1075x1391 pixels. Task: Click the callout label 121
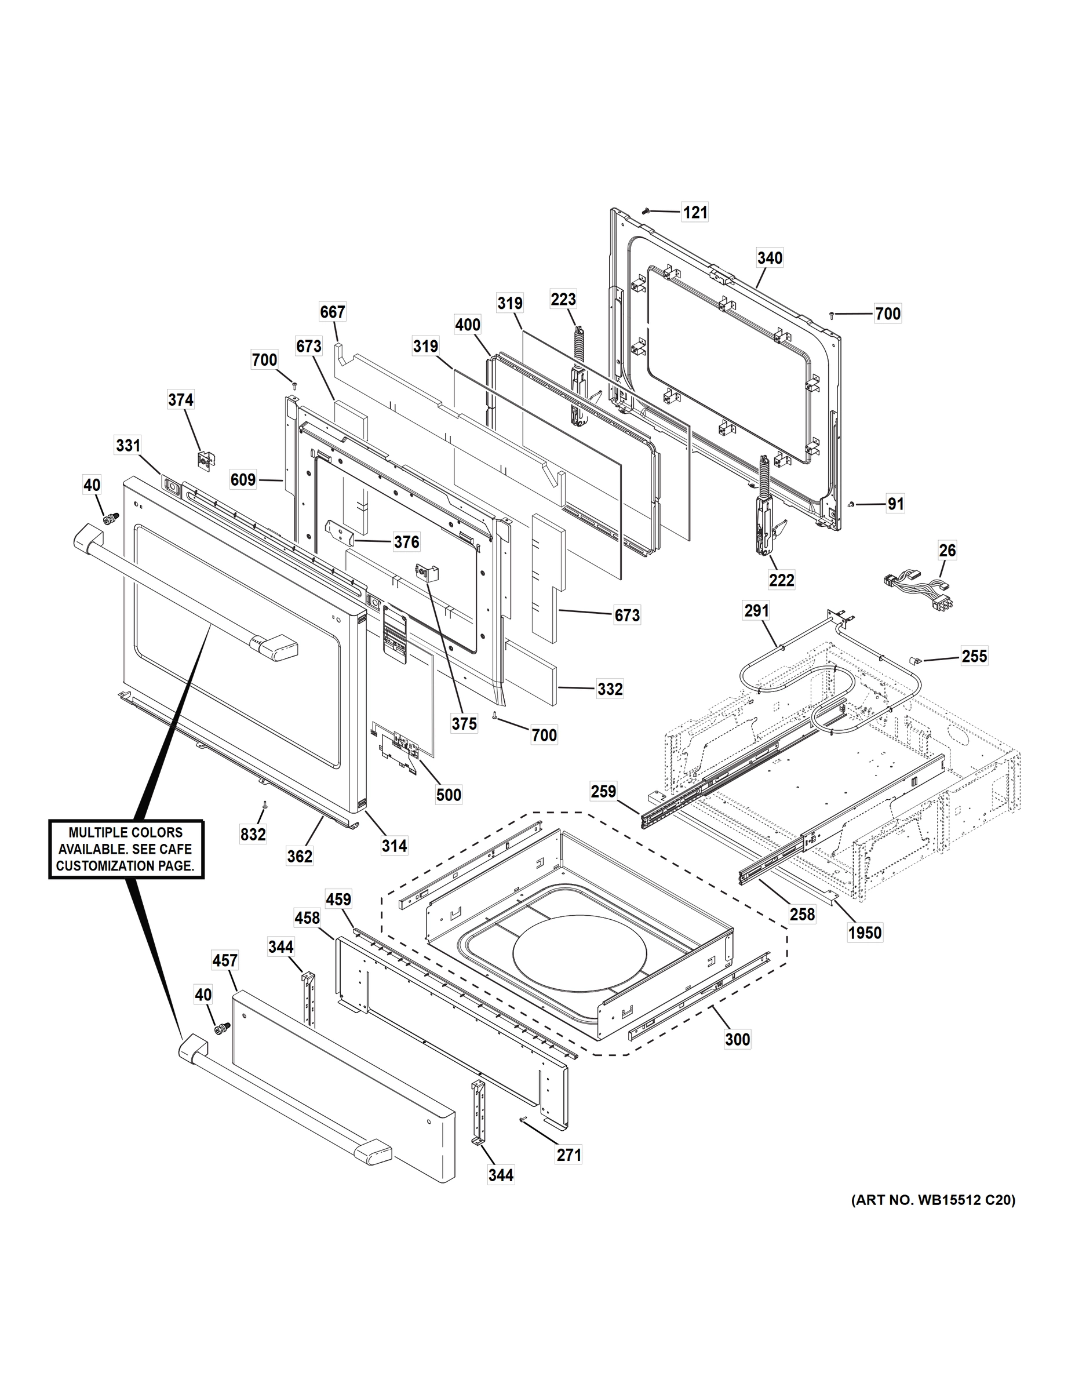695,212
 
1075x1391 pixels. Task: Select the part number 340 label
770,258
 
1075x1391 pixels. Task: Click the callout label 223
564,298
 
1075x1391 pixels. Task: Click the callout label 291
757,611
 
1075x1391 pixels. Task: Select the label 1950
865,933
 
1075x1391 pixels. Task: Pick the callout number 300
738,1039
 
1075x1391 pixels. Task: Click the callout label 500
449,795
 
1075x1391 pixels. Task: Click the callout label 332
610,689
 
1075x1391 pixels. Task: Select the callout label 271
569,1155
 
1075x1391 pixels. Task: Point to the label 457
225,960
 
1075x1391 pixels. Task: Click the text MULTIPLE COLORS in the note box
125,832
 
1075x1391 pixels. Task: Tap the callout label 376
406,541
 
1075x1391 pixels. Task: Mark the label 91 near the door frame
895,504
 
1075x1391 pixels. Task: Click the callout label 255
974,656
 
